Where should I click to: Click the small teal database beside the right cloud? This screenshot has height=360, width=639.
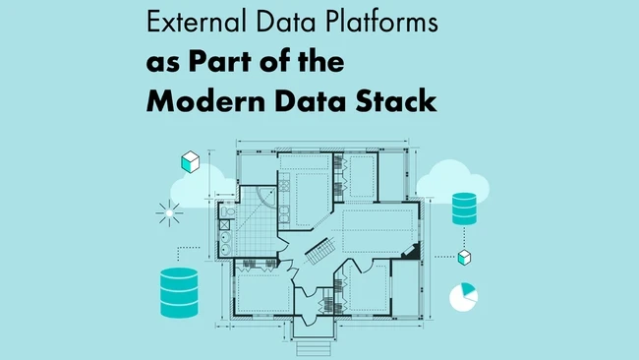tap(464, 208)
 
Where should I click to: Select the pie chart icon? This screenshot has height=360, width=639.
tap(462, 295)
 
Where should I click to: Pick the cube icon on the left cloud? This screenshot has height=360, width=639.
tap(191, 162)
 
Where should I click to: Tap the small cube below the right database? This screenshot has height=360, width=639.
tap(465, 258)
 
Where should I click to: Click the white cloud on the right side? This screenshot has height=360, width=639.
tap(452, 181)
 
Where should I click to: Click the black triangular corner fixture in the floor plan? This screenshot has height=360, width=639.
tap(415, 253)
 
